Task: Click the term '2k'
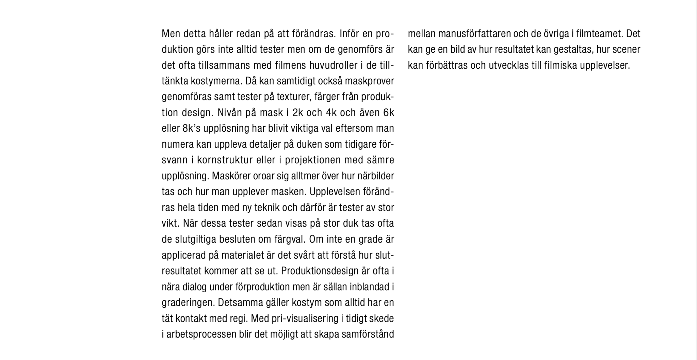[x=297, y=113]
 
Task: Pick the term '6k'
[x=388, y=113]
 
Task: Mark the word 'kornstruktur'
[x=225, y=160]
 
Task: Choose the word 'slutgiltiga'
[x=195, y=240]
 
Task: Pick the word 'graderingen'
[x=188, y=303]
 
